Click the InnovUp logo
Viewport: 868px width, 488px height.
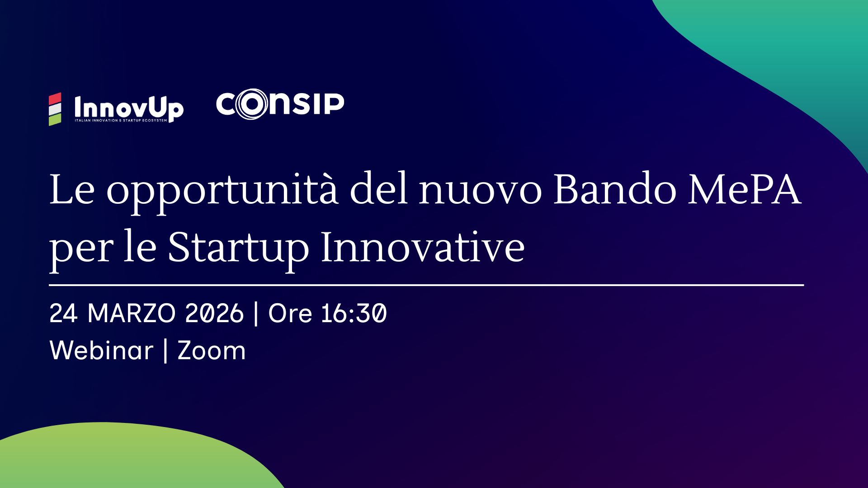(x=116, y=109)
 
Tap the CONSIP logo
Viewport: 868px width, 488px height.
(x=280, y=105)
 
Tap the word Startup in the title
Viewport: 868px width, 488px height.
(x=238, y=249)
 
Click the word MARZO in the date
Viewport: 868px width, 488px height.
(x=131, y=313)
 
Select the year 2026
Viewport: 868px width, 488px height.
(x=214, y=313)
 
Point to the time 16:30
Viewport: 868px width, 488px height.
(x=354, y=313)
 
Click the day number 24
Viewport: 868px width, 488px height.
(x=63, y=313)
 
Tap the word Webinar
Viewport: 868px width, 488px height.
(x=101, y=351)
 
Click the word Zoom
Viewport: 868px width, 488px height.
(x=212, y=351)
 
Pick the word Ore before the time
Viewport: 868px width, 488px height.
(x=290, y=313)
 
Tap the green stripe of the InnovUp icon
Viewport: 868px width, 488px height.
(x=55, y=120)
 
